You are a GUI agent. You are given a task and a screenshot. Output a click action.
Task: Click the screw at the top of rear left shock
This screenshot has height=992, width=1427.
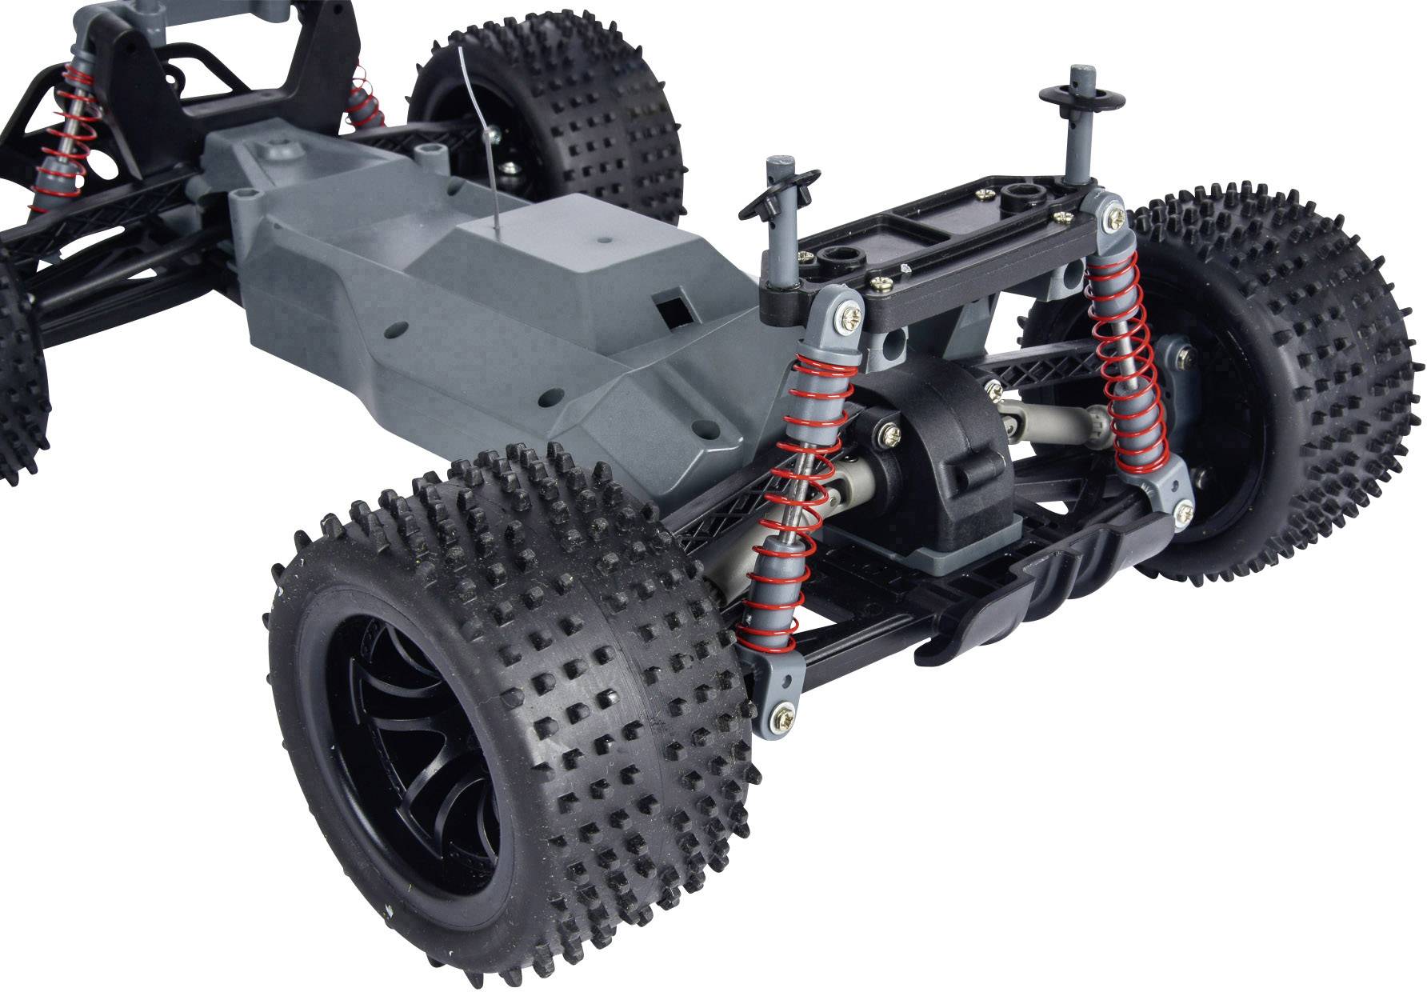tap(845, 319)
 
